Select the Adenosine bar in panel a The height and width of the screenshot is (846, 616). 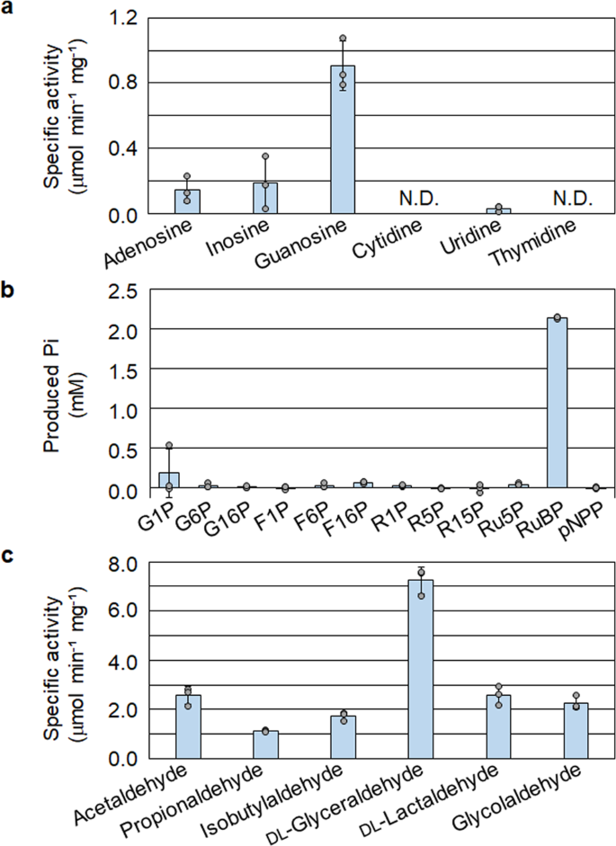tap(187, 201)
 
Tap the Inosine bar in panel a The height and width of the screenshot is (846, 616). tap(265, 198)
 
